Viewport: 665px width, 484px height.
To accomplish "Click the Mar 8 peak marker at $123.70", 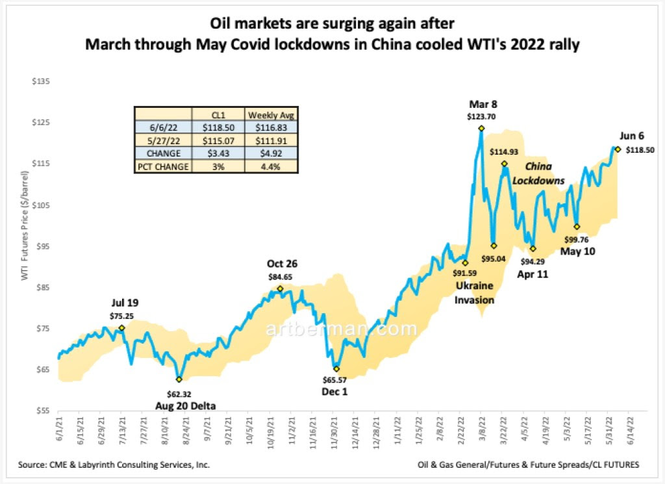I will click(x=481, y=128).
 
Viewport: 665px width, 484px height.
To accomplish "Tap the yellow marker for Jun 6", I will click(x=618, y=149).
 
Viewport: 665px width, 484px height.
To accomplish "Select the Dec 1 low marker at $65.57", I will click(x=336, y=368).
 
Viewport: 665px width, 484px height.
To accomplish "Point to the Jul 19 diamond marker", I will click(x=121, y=328).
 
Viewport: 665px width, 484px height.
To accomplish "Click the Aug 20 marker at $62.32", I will click(x=179, y=379).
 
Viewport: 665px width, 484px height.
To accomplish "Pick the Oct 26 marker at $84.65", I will click(x=280, y=288).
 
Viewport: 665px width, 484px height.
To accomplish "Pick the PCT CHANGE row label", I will click(x=163, y=166).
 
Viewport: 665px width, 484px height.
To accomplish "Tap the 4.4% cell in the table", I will click(x=271, y=166).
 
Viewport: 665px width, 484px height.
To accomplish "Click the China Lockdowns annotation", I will click(x=538, y=173).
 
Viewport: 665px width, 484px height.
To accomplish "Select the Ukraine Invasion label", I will click(x=473, y=292).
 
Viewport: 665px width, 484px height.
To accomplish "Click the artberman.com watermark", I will click(x=341, y=329).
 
